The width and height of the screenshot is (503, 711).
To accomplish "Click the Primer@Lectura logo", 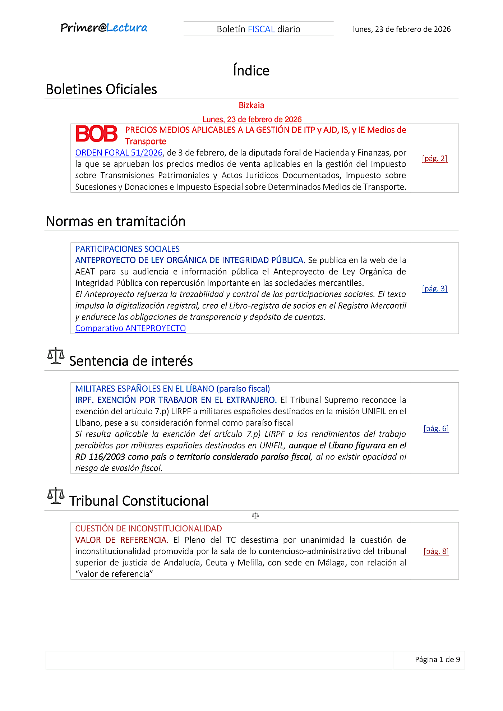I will (104, 28).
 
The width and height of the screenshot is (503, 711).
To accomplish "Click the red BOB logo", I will (96, 134).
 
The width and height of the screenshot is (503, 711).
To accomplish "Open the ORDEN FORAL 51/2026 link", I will (119, 153).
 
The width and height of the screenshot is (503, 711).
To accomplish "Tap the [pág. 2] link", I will (434, 158).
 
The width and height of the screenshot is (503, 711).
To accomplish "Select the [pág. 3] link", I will (434, 288).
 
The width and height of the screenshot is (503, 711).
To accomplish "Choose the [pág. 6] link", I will (436, 428).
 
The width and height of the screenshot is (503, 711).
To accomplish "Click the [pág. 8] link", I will (436, 551).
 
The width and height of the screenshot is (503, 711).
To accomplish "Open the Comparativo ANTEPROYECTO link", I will (130, 328).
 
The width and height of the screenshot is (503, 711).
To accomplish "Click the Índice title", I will (251, 70).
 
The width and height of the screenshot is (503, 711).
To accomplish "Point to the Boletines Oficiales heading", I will (101, 89).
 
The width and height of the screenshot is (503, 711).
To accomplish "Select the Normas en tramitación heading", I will (116, 221).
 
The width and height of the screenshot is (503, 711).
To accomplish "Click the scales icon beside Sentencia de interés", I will (56, 356).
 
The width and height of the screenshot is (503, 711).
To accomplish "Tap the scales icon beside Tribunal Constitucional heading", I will (56, 496).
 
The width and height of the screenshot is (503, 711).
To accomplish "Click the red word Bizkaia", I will (251, 105).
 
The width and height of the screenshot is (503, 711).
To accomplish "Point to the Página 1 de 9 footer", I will (437, 659).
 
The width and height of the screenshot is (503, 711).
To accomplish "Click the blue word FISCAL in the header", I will (261, 29).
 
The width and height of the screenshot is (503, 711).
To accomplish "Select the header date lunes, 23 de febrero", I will (401, 29).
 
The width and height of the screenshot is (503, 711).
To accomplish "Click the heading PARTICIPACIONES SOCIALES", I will (128, 249).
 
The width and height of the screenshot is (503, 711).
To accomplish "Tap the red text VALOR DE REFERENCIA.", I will (121, 540).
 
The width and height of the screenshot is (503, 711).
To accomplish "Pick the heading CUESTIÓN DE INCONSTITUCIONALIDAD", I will (148, 528).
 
